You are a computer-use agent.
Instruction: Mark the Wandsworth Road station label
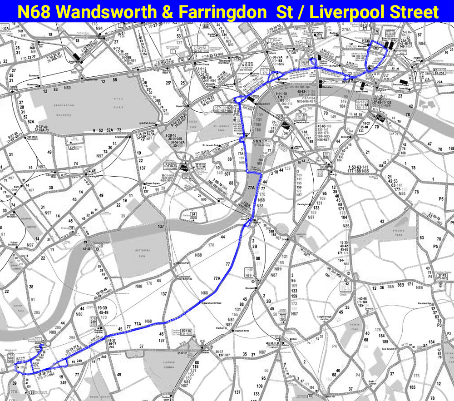[x=212, y=302]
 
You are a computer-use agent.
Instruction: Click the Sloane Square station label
[x=152, y=183]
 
